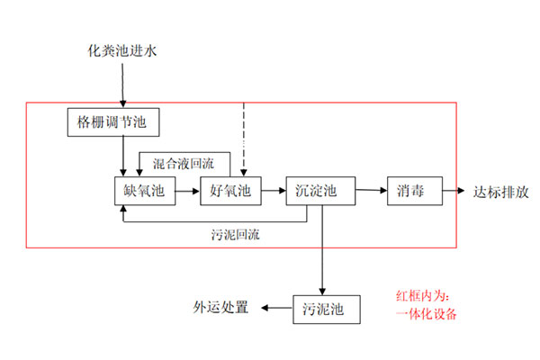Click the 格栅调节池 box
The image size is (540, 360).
coord(107,122)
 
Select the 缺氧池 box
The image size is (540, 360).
coord(141,191)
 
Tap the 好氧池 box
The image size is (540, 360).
coord(229,191)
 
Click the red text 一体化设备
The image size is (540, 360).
coord(427,314)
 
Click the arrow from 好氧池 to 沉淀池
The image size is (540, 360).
coord(273,191)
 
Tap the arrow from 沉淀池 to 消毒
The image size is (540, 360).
coord(370,191)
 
